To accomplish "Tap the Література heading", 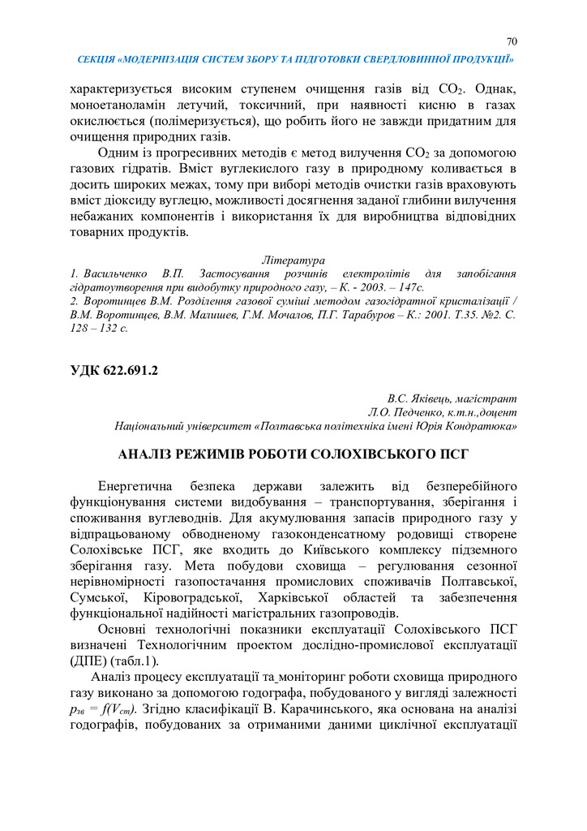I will tap(293, 260).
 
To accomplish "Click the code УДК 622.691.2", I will tap(114, 372).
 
